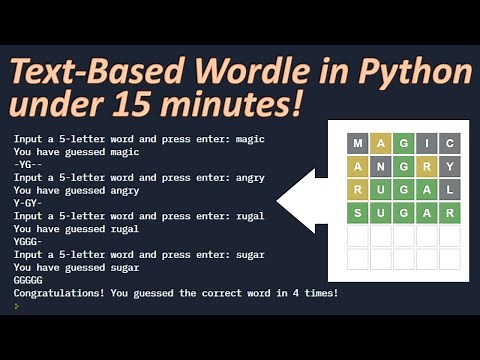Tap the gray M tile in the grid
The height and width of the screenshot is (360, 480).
[x=359, y=143]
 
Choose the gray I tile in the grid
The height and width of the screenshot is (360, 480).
[x=426, y=143]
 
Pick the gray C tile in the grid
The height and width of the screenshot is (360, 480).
[x=449, y=143]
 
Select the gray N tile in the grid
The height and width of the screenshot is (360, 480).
[x=381, y=166]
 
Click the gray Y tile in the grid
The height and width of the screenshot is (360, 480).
[x=449, y=166]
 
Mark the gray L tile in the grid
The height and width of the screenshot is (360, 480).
[x=449, y=189]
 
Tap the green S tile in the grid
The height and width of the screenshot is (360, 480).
[x=359, y=213]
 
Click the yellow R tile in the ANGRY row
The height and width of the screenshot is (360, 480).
[x=426, y=166]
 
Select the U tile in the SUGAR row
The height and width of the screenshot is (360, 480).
[x=381, y=213]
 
